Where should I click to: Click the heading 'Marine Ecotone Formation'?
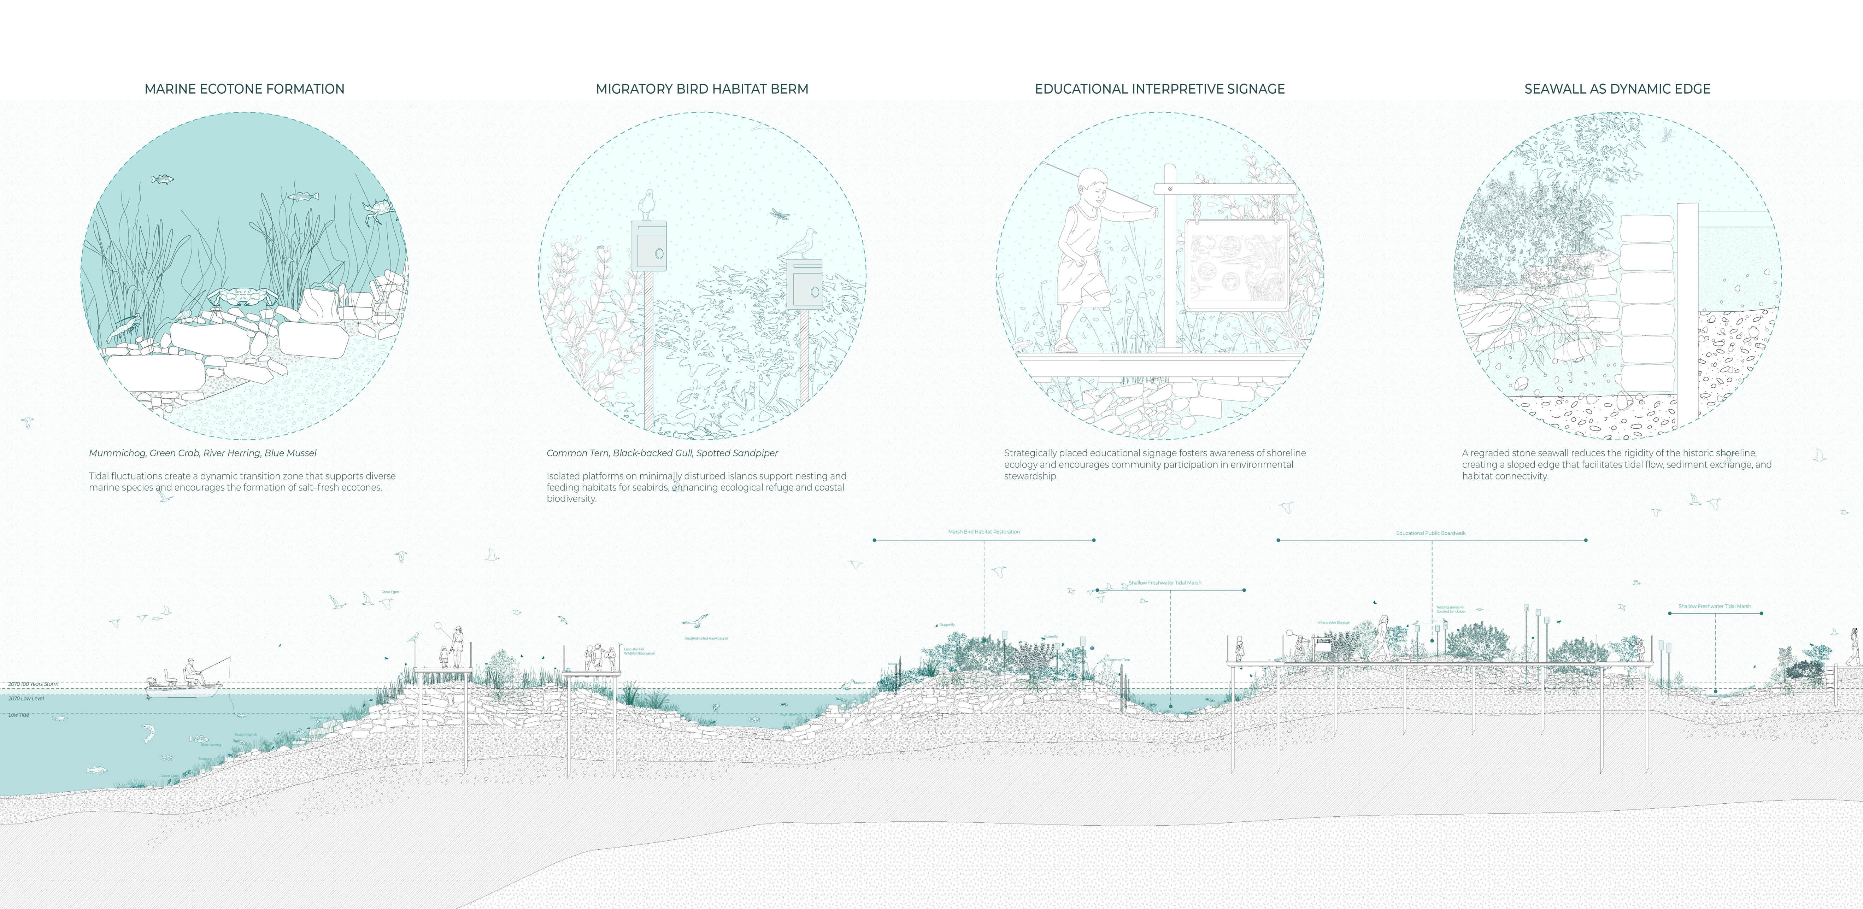(245, 89)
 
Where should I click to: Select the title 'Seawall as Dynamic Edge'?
(1617, 89)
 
